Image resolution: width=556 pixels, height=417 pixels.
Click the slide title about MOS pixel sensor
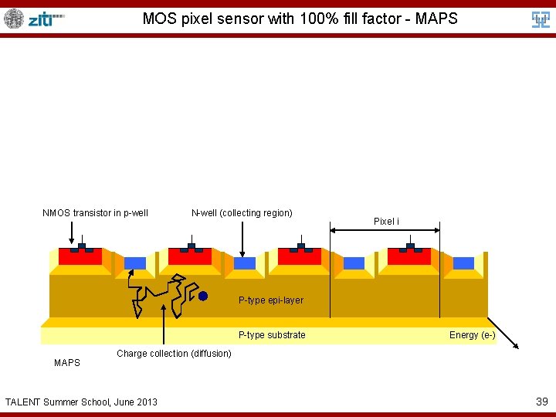pyautogui.click(x=300, y=18)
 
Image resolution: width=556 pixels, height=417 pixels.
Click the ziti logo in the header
pyautogui.click(x=46, y=19)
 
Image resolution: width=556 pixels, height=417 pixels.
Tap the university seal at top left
pyautogui.click(x=14, y=19)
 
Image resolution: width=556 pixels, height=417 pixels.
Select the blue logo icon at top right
pyautogui.click(x=541, y=19)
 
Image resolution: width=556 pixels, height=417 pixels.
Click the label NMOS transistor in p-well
pyautogui.click(x=95, y=213)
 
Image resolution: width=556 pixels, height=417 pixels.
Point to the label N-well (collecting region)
pyautogui.click(x=242, y=213)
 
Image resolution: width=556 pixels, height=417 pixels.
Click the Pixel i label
pyautogui.click(x=386, y=222)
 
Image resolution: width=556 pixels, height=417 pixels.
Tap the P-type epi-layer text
pyautogui.click(x=270, y=300)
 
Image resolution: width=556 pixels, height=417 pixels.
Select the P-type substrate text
pyautogui.click(x=272, y=335)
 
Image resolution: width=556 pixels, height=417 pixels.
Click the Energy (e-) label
pyautogui.click(x=472, y=335)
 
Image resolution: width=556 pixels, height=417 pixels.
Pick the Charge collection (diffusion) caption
pyautogui.click(x=174, y=354)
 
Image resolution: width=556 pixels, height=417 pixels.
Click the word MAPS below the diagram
pyautogui.click(x=67, y=362)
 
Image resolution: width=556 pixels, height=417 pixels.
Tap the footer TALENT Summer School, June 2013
pyautogui.click(x=81, y=402)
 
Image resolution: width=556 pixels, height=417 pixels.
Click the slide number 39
pyautogui.click(x=542, y=401)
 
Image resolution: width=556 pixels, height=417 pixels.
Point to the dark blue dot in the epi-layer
pyautogui.click(x=203, y=296)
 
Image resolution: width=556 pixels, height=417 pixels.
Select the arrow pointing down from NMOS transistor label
pyautogui.click(x=71, y=232)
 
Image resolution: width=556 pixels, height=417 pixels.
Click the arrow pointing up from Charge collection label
pyautogui.click(x=164, y=324)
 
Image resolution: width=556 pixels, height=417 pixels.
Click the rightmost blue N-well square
pyautogui.click(x=463, y=263)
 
